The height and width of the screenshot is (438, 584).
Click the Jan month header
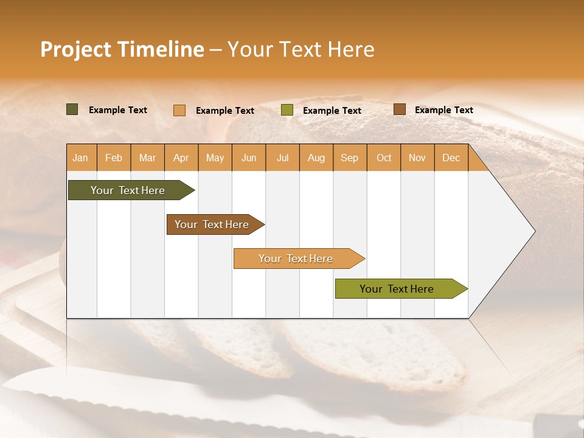81,158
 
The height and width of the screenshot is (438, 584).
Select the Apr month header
181,158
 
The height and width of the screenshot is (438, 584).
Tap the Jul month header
282,158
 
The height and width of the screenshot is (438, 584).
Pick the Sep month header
349,158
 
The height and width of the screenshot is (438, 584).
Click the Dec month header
451,158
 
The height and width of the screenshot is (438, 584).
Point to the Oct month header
383,158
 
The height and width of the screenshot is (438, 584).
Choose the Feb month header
114,158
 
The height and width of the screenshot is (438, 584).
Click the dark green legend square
72,109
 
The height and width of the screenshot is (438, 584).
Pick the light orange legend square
179,110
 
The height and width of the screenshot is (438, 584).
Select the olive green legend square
287,110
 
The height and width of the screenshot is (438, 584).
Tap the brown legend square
399,109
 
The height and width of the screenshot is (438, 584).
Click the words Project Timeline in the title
122,49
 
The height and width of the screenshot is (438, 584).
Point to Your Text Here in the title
301,49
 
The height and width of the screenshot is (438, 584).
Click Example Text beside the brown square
443,110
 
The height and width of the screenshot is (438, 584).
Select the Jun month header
249,158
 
